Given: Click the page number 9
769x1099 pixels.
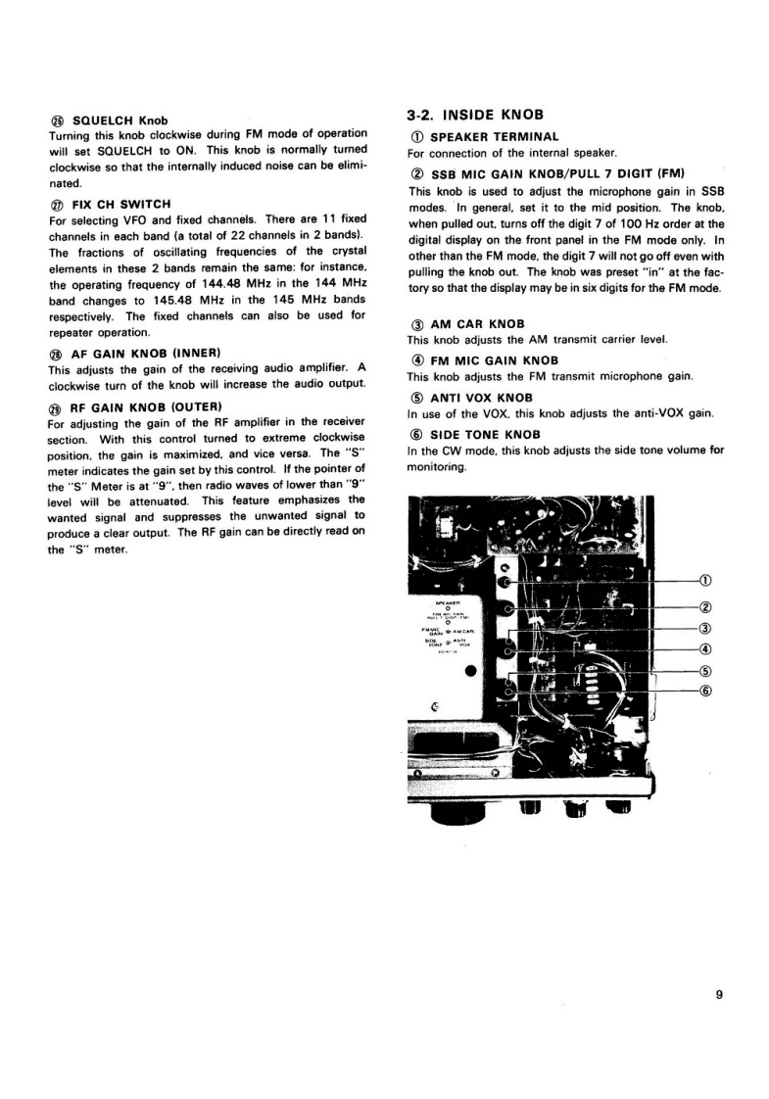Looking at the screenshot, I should click(718, 995).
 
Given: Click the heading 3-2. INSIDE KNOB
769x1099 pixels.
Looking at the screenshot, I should click(474, 116).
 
